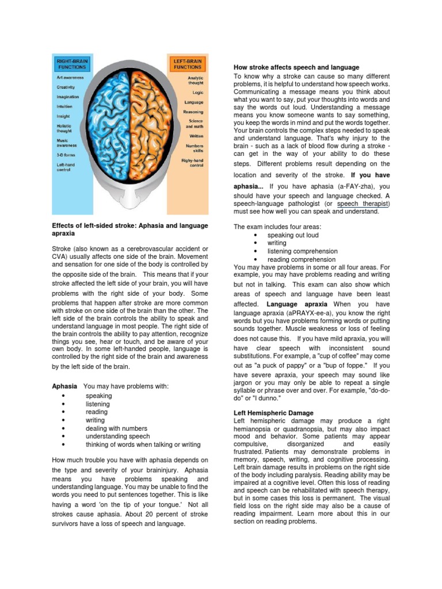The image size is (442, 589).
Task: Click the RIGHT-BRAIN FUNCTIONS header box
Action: coord(71,63)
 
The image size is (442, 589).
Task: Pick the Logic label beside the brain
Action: coord(197,91)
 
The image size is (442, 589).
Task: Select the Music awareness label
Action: coord(67,143)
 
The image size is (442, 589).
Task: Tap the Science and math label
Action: coord(196,124)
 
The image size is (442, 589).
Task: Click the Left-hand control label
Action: coord(68,167)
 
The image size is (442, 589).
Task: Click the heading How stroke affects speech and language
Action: coord(296,67)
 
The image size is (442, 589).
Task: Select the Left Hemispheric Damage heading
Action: coord(273,413)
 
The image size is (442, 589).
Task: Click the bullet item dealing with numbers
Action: coord(116,429)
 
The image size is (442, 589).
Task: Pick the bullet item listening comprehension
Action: coord(302,251)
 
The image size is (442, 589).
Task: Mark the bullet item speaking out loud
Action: coord(292,235)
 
